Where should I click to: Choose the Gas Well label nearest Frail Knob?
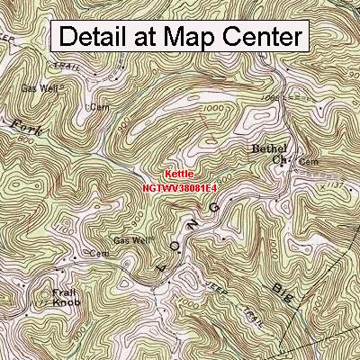click(131, 240)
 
